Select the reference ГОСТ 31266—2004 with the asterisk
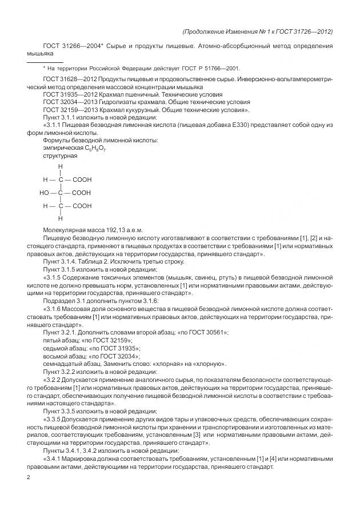pos(70,45)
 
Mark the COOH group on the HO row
pos(81,193)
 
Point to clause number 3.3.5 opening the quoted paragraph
pos(55,419)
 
